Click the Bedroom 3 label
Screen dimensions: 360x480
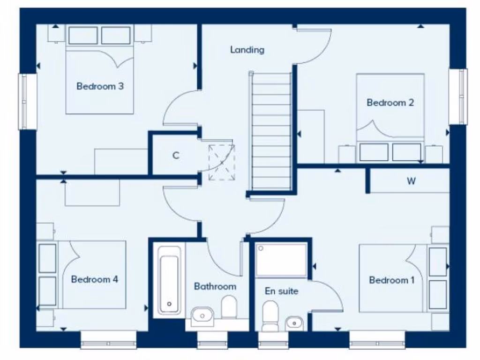tap(100, 86)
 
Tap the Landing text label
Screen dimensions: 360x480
tap(247, 50)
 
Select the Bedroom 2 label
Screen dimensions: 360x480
tap(390, 103)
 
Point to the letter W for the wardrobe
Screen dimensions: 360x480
tap(411, 181)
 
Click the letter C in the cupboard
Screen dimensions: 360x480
tap(176, 156)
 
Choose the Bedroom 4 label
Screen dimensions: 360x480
tap(94, 279)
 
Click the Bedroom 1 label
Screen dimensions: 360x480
tap(391, 280)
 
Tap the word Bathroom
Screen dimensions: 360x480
tap(215, 286)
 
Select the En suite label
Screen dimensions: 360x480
tap(281, 291)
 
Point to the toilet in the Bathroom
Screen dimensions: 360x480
tap(229, 307)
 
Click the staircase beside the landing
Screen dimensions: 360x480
tap(271, 131)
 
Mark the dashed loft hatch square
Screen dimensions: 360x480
tap(221, 163)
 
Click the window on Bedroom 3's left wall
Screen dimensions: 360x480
tap(27, 101)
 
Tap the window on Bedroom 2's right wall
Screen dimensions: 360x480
tap(458, 97)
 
